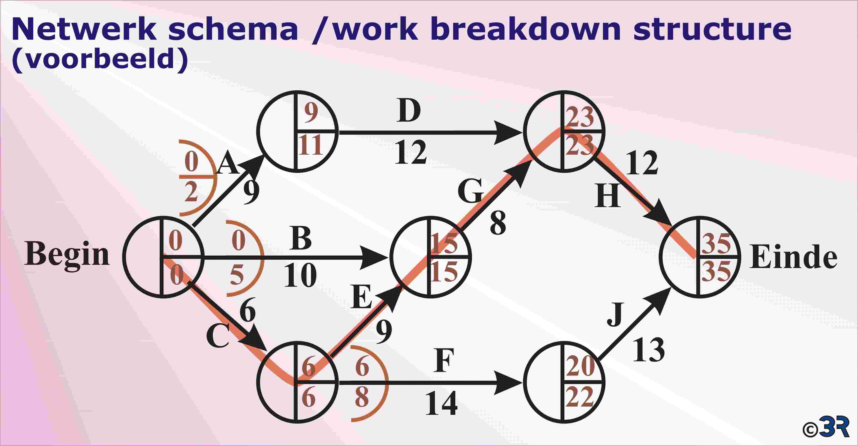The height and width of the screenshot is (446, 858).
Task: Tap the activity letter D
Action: (409, 111)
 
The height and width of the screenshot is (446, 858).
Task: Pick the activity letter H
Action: (608, 196)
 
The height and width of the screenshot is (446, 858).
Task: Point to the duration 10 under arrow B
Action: (300, 275)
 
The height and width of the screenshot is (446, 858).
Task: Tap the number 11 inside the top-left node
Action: (310, 145)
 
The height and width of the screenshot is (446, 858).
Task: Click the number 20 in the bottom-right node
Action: (581, 366)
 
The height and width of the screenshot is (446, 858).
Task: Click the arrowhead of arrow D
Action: (508, 133)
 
